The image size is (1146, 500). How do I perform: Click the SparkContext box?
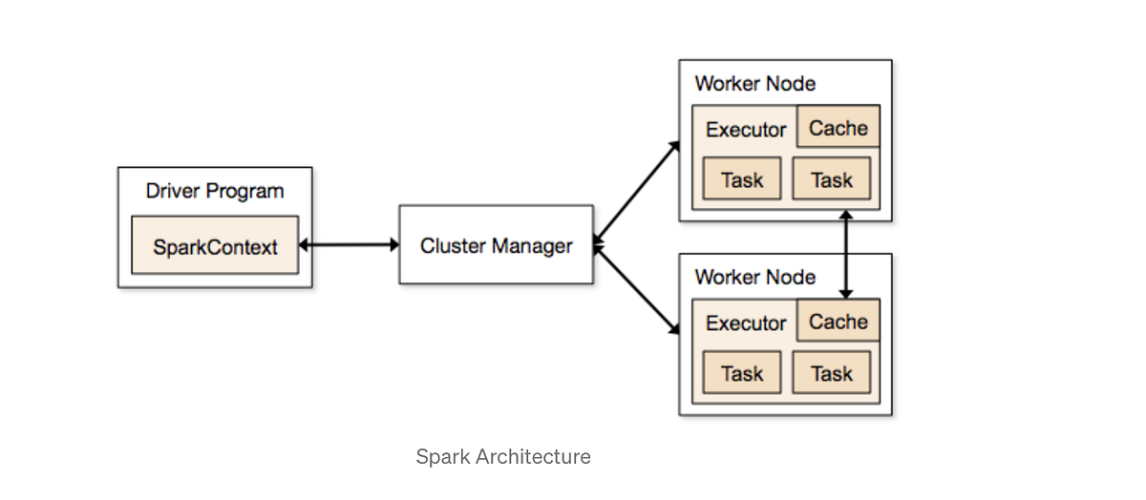[x=215, y=246]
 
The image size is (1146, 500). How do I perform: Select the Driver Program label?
[x=215, y=191]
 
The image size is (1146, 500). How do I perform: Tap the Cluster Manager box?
[x=496, y=245]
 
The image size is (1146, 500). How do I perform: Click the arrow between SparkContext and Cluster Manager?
[x=350, y=245]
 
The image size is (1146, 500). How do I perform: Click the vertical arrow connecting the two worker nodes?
[x=845, y=255]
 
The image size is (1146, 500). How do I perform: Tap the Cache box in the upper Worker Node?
[x=838, y=128]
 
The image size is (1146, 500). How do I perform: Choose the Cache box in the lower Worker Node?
[x=838, y=322]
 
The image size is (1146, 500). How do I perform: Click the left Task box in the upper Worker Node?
[x=742, y=179]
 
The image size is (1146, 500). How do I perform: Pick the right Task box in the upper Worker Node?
[x=831, y=179]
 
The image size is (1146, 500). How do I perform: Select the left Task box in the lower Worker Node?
[x=742, y=373]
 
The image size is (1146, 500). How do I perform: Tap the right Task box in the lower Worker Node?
[x=831, y=373]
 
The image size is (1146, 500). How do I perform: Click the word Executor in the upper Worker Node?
[x=746, y=130]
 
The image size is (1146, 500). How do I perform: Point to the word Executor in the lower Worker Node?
[x=746, y=323]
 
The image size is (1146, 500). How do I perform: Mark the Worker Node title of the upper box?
[x=754, y=83]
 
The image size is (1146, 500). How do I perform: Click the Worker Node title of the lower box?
[x=754, y=277]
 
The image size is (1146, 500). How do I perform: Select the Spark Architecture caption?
[x=503, y=456]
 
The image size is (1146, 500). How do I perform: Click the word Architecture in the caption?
[x=531, y=456]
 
